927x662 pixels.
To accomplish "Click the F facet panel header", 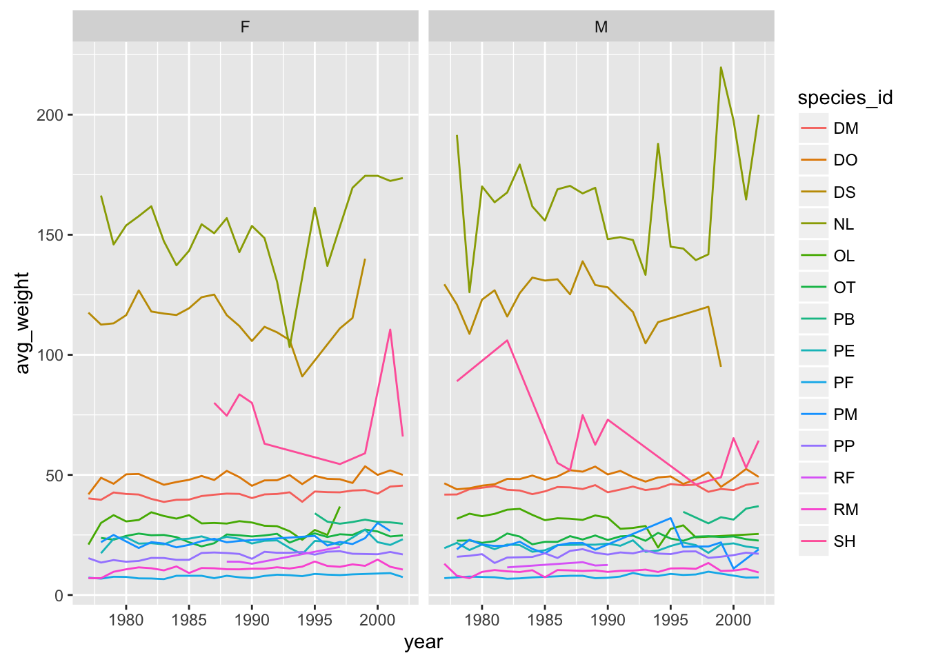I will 245,27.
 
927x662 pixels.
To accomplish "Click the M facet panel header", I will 601,27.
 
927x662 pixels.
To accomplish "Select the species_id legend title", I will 845,98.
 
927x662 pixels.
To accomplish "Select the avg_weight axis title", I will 23,323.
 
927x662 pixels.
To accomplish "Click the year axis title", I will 423,643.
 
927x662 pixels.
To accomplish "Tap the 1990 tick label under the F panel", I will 252,620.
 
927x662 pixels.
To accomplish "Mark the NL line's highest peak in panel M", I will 721,68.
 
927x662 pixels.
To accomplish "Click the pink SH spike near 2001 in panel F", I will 390,330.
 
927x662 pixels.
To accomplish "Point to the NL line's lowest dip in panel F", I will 290,347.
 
